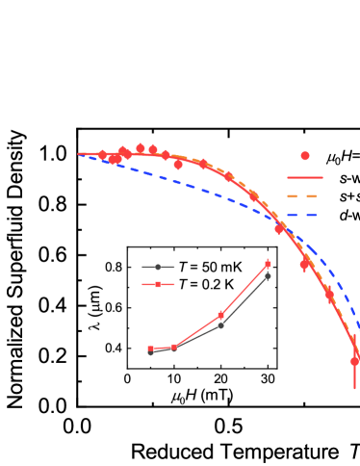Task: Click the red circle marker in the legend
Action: [305, 156]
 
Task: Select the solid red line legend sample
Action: [304, 177]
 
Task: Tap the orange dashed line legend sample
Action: [304, 196]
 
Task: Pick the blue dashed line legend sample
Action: [304, 215]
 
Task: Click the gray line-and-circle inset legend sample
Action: [158, 267]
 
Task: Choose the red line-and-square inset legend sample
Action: [158, 284]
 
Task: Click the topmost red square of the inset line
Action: [268, 264]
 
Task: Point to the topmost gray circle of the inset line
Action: [268, 276]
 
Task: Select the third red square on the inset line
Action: [220, 315]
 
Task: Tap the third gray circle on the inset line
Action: [220, 325]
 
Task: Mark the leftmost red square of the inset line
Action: [150, 349]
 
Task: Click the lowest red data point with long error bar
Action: [354, 361]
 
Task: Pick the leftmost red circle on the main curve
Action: [102, 154]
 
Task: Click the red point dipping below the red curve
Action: [178, 165]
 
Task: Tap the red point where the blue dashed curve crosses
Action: [279, 229]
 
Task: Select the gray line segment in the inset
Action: [245, 299]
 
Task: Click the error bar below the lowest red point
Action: [354, 378]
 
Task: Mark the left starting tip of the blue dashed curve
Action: [79, 154]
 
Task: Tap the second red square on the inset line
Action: [174, 347]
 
